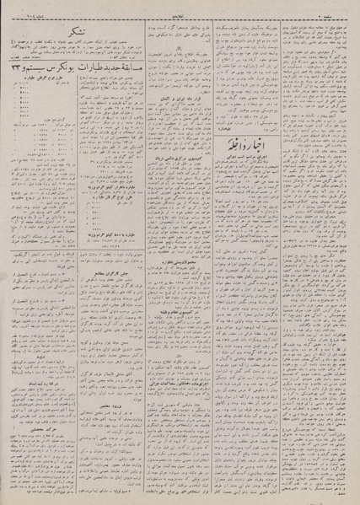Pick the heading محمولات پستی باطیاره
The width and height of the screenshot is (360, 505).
point(172,285)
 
